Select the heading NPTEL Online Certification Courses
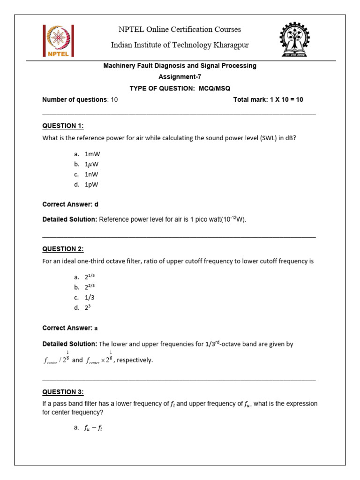pyautogui.click(x=180, y=30)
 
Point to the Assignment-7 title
pyautogui.click(x=180, y=76)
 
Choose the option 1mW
pyautogui.click(x=92, y=154)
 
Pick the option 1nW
pyautogui.click(x=92, y=174)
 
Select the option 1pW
pyautogui.click(x=92, y=185)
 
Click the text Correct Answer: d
pyautogui.click(x=70, y=204)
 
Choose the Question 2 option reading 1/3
pyautogui.click(x=90, y=298)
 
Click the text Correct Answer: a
pyautogui.click(x=70, y=328)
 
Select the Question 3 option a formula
pyautogui.click(x=94, y=427)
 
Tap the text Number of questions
pyautogui.click(x=75, y=99)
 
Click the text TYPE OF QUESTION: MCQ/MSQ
pyautogui.click(x=180, y=88)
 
